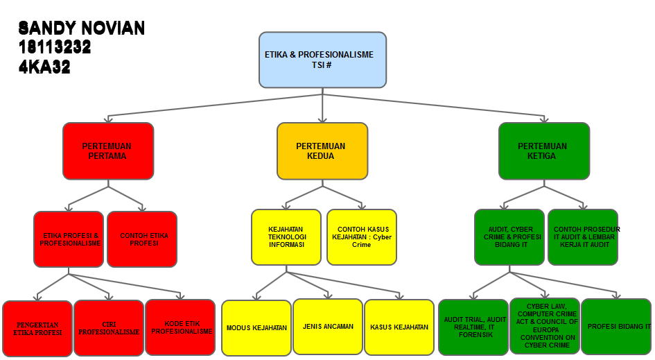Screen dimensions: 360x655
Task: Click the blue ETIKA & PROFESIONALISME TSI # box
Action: coord(322,60)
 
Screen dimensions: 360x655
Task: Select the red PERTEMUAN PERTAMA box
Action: coord(107,151)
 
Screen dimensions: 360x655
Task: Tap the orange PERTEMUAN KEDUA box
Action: coord(322,151)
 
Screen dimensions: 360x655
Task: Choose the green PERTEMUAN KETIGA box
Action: coord(544,151)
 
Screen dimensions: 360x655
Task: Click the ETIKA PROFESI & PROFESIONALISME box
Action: coord(69,239)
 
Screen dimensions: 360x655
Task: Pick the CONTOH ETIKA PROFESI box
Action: coord(142,239)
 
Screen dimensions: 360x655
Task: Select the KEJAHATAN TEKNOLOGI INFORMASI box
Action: coord(286,237)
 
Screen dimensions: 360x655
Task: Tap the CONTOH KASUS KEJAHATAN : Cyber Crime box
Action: coord(362,237)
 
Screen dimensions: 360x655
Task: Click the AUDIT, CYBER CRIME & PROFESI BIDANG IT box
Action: coord(509,237)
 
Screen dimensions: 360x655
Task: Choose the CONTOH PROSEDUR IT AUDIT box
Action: coord(583,237)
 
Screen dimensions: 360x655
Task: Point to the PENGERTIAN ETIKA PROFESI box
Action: coord(37,328)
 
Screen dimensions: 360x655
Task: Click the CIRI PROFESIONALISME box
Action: coord(108,328)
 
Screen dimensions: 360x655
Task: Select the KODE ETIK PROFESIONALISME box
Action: coord(180,327)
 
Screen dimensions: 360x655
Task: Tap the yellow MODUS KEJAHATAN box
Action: coord(256,327)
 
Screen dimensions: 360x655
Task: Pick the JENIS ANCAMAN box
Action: coord(328,326)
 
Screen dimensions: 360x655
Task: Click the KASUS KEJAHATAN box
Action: coord(399,327)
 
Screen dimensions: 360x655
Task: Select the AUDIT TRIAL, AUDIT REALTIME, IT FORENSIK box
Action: coord(474,327)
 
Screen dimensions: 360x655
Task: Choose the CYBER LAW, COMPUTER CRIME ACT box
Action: coord(545,325)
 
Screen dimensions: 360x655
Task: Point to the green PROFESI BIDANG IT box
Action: coord(616,326)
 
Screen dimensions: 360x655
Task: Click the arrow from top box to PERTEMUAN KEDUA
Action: coord(323,108)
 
